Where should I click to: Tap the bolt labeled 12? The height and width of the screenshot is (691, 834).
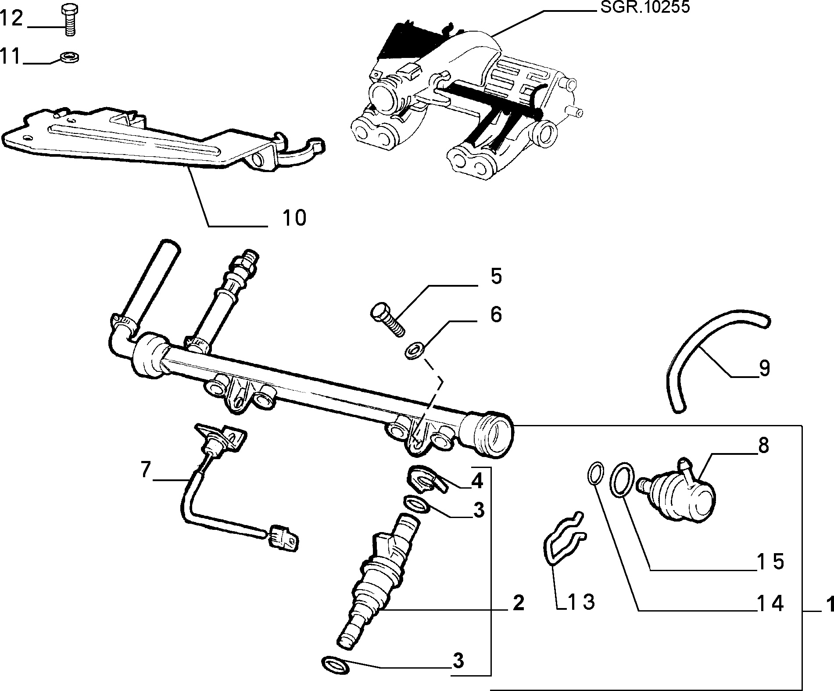tap(68, 20)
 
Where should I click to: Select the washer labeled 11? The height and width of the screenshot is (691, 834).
tap(69, 57)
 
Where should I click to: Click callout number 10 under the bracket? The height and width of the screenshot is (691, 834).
tap(294, 218)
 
